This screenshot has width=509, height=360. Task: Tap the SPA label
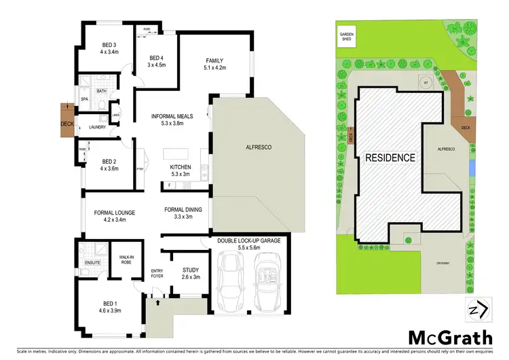pyautogui.click(x=85, y=99)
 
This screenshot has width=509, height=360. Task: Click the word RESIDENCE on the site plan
pyautogui.click(x=390, y=157)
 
